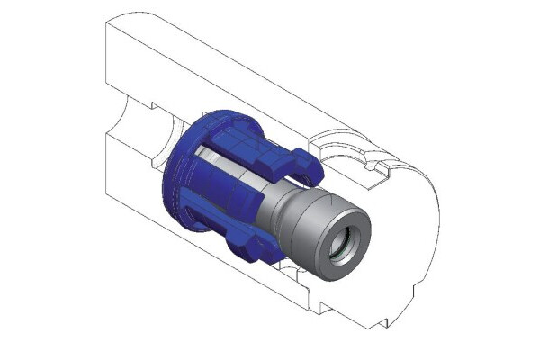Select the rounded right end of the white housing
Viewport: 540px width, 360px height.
(x=423, y=225)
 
